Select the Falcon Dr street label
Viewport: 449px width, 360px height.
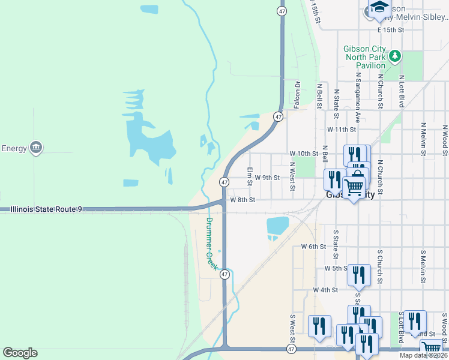point(297,95)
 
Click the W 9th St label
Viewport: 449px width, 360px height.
point(267,178)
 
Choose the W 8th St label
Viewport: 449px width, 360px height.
point(243,200)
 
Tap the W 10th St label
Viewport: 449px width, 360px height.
point(303,154)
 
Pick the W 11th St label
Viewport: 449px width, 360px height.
point(342,129)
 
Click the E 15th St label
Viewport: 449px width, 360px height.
point(391,29)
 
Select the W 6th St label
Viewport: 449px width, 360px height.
point(313,247)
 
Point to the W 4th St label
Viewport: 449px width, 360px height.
point(326,290)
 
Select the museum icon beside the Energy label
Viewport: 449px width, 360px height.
point(36,148)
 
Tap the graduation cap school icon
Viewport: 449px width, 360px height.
point(379,8)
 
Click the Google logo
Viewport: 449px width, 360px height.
point(20,353)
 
